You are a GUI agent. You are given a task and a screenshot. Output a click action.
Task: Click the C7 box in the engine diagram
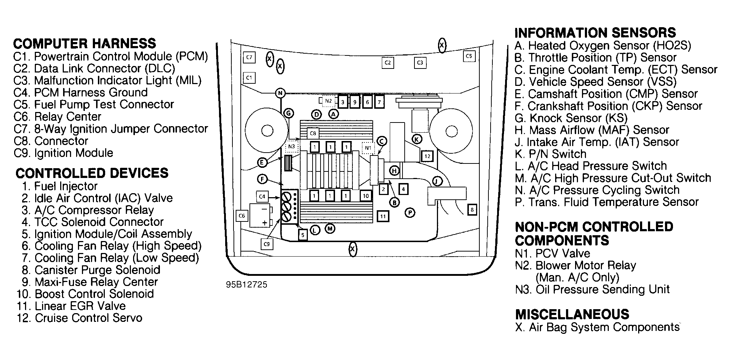[249, 57]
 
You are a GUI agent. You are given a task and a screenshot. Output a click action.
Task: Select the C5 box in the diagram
[469, 56]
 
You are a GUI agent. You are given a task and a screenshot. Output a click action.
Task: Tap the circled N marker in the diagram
[280, 93]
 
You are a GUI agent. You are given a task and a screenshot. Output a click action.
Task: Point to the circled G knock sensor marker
[289, 113]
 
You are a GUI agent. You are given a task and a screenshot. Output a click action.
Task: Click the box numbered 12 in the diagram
[427, 156]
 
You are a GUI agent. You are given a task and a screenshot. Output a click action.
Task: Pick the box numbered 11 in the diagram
[383, 216]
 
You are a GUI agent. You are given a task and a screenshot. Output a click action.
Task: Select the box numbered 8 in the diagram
[472, 209]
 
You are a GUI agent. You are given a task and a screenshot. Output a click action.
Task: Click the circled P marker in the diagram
[410, 212]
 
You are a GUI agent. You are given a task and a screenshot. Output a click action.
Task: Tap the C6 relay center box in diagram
[241, 216]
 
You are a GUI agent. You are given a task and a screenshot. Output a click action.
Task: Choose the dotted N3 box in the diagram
[292, 147]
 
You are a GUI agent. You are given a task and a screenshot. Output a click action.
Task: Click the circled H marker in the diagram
[395, 171]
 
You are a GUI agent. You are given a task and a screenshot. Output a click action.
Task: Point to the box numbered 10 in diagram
[365, 196]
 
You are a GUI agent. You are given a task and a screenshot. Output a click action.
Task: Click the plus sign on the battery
[265, 223]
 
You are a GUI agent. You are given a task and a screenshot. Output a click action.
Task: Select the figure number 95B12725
[247, 285]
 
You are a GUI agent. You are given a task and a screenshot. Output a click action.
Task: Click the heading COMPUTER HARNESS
[84, 43]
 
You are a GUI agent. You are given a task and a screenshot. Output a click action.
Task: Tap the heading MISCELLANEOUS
[572, 314]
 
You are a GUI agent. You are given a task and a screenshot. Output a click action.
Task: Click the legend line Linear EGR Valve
[71, 306]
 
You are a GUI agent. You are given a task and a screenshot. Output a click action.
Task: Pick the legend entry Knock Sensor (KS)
[571, 118]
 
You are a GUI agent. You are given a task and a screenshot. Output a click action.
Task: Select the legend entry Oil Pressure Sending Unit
[592, 290]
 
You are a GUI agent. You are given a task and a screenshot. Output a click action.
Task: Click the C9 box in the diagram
[267, 244]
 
